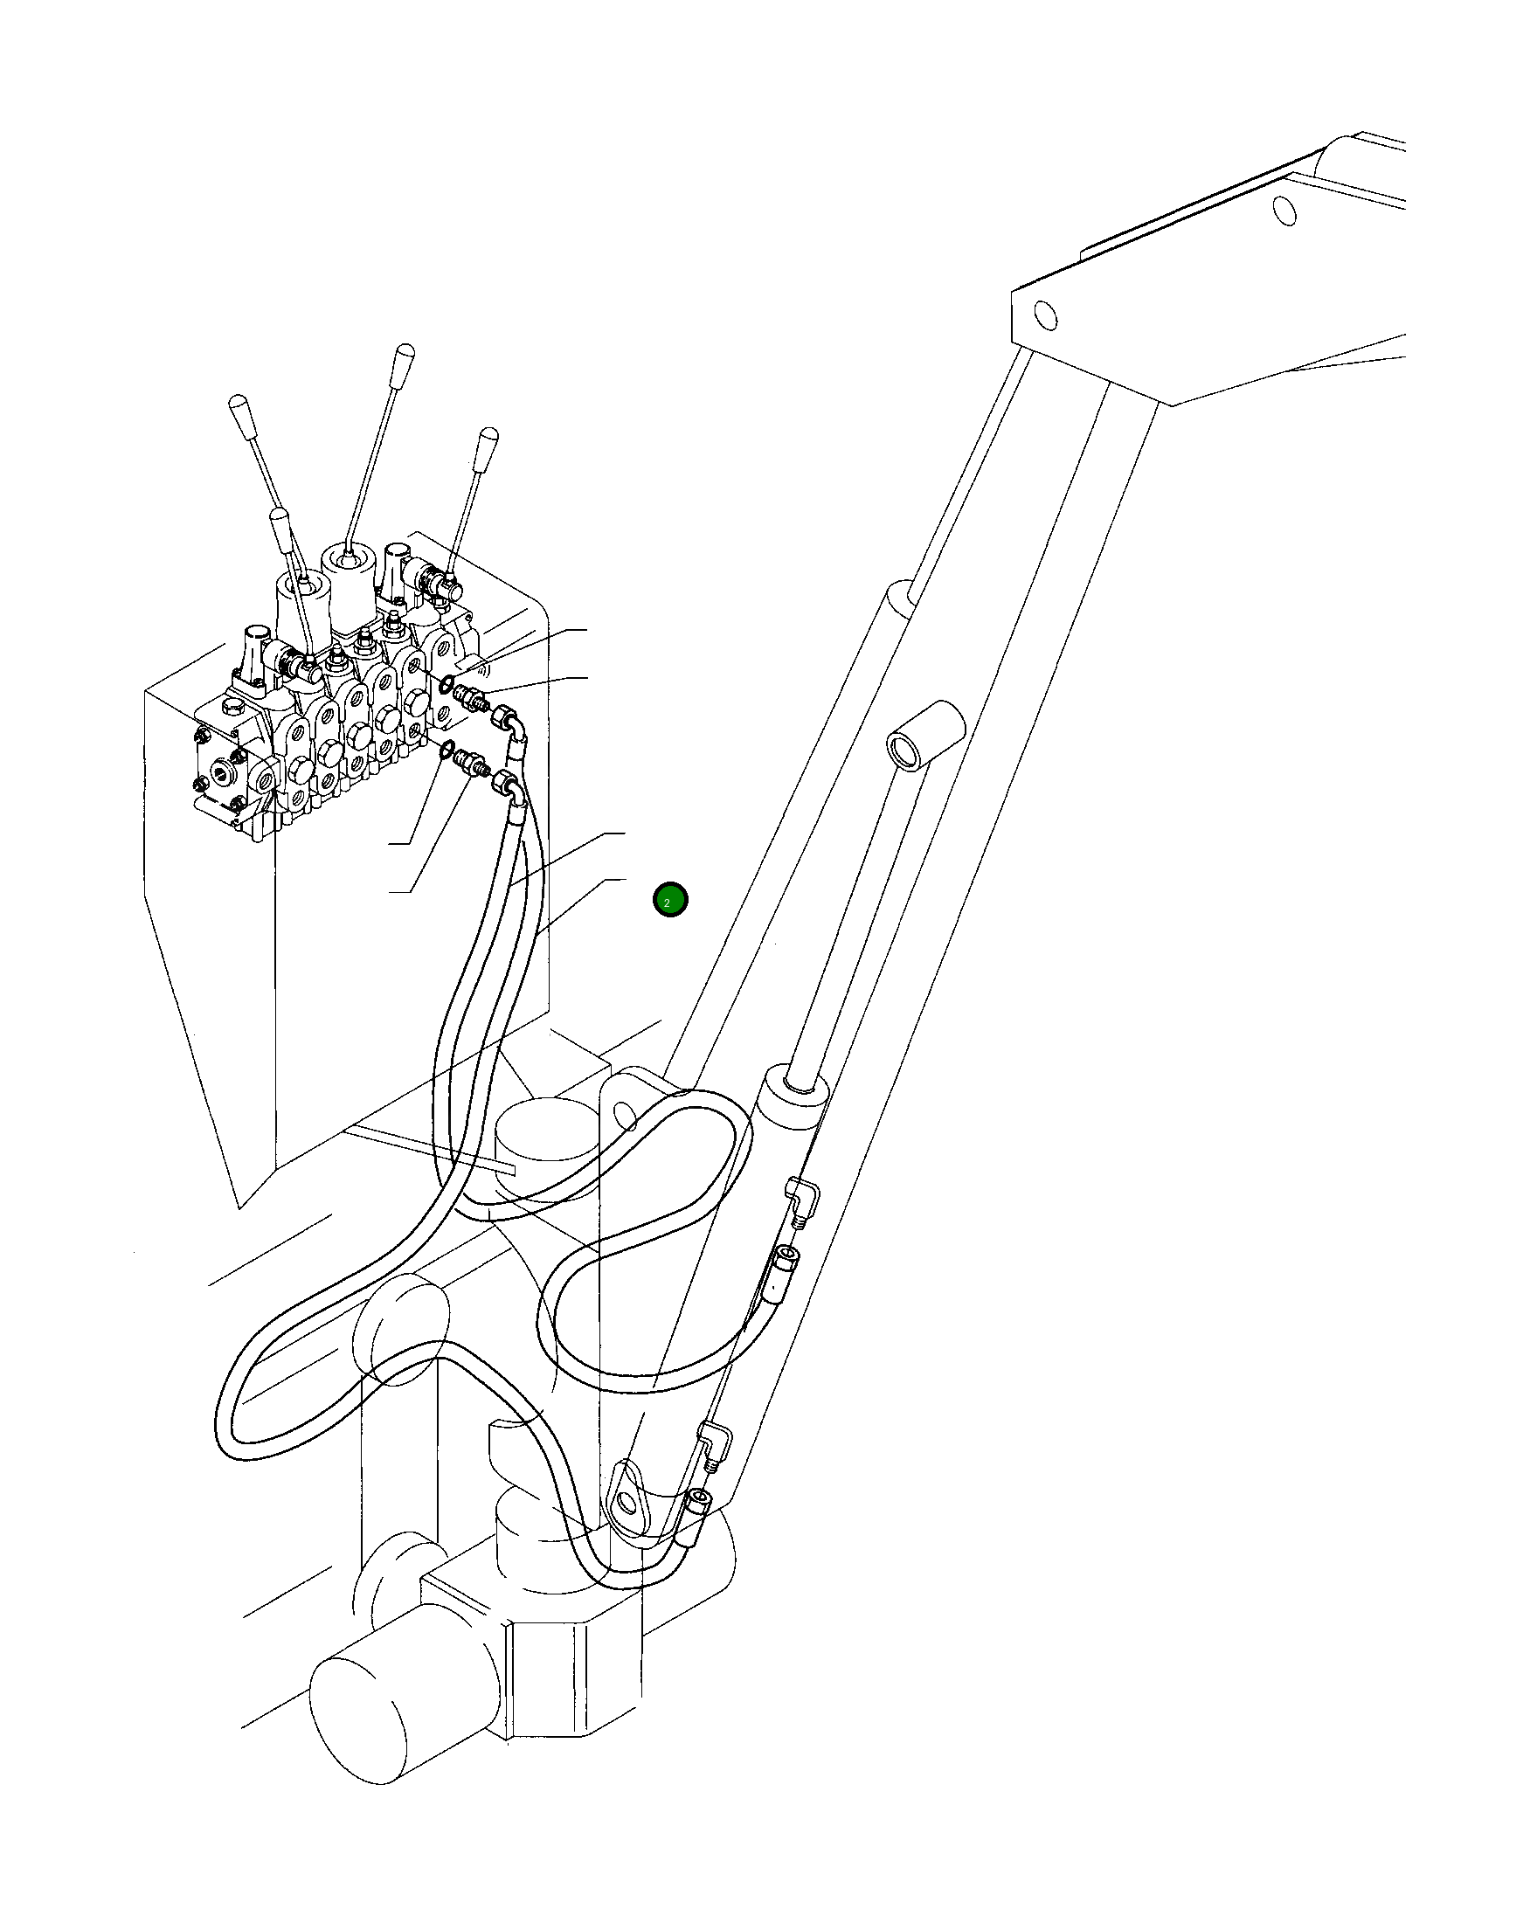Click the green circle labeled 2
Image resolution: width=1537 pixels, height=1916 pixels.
[669, 900]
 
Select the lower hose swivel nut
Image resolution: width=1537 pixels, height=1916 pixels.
[503, 783]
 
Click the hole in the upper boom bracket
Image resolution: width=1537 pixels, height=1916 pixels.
[1045, 315]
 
